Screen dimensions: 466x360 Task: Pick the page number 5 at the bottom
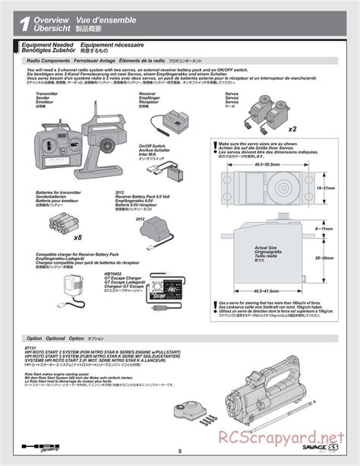pyautogui.click(x=180, y=449)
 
